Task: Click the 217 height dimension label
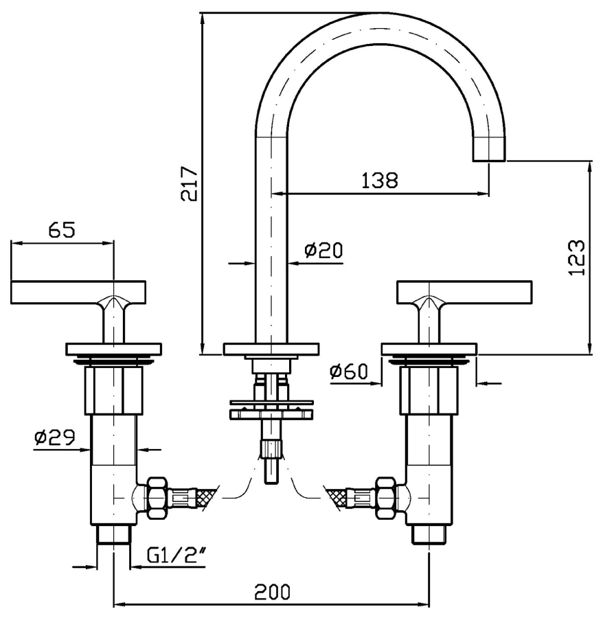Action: click(190, 183)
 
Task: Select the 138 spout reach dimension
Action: click(379, 181)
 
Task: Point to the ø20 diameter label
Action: click(322, 251)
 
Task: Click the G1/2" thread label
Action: click(177, 555)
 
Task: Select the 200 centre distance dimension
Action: click(273, 591)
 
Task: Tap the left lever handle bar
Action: click(78, 293)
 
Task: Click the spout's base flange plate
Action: click(271, 349)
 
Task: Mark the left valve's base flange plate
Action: click(113, 349)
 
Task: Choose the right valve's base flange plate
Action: click(429, 349)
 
